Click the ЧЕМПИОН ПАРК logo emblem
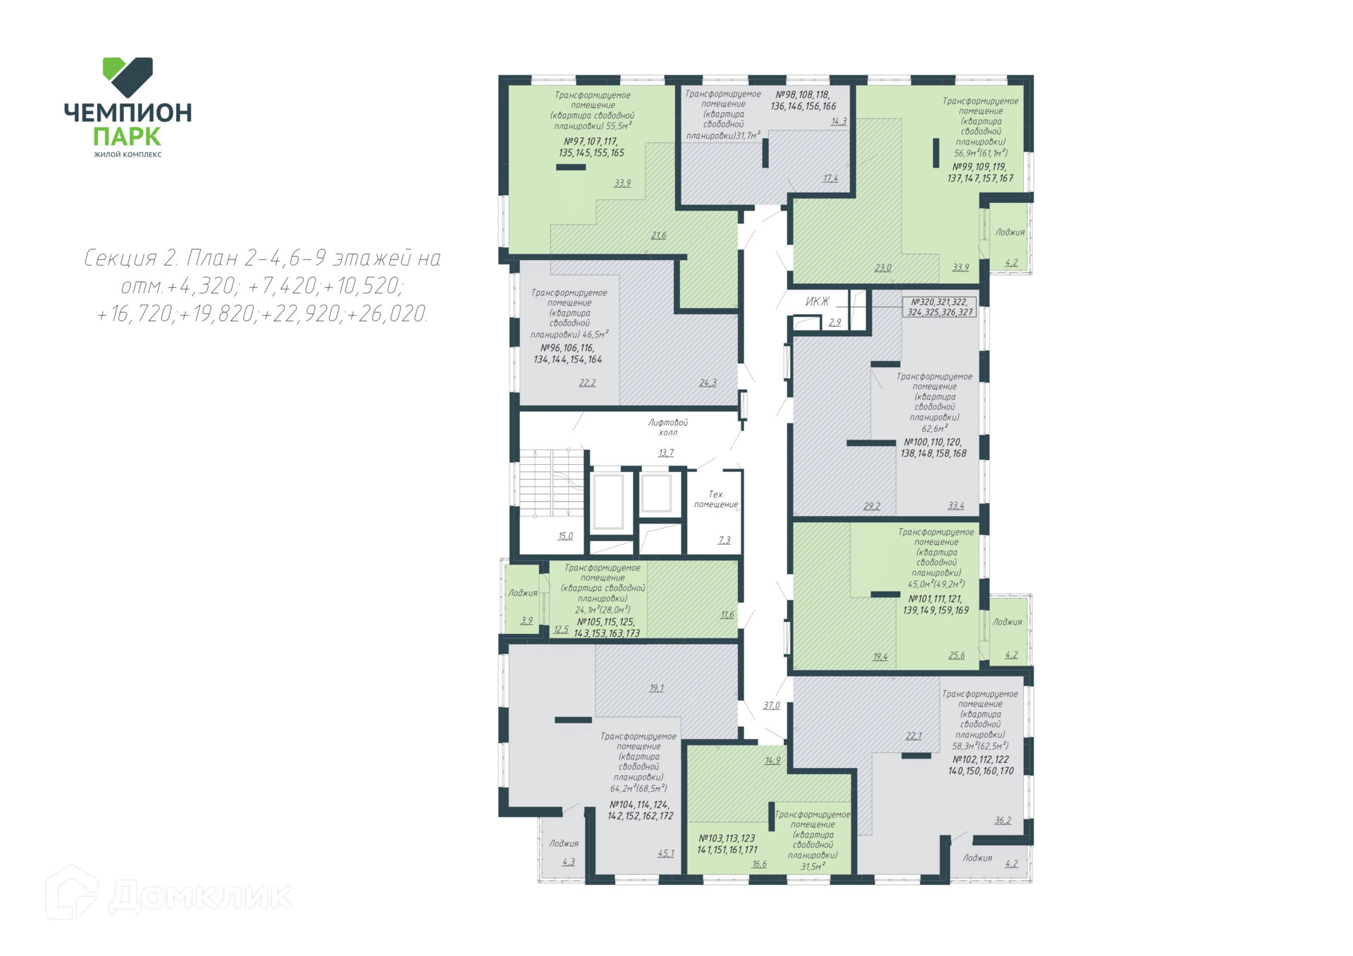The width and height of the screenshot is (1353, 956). click(x=128, y=77)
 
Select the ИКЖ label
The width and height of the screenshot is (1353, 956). click(x=817, y=302)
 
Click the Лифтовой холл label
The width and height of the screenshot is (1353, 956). click(x=668, y=427)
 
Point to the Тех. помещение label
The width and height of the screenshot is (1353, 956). click(x=716, y=499)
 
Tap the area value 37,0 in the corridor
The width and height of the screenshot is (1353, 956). click(x=772, y=705)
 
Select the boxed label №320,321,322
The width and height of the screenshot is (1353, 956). click(x=940, y=307)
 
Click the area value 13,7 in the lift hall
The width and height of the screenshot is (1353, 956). click(x=666, y=453)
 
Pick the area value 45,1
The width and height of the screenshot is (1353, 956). click(x=666, y=853)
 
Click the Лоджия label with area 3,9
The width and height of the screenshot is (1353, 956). click(x=523, y=593)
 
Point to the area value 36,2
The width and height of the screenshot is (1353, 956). click(x=1003, y=820)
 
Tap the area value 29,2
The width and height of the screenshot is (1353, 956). click(x=872, y=506)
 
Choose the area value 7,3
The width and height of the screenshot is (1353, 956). click(x=724, y=540)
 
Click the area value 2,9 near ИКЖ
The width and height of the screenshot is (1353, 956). click(x=835, y=323)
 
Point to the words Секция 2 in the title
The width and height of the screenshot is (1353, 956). click(x=130, y=258)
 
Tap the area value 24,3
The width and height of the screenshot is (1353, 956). click(x=708, y=383)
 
